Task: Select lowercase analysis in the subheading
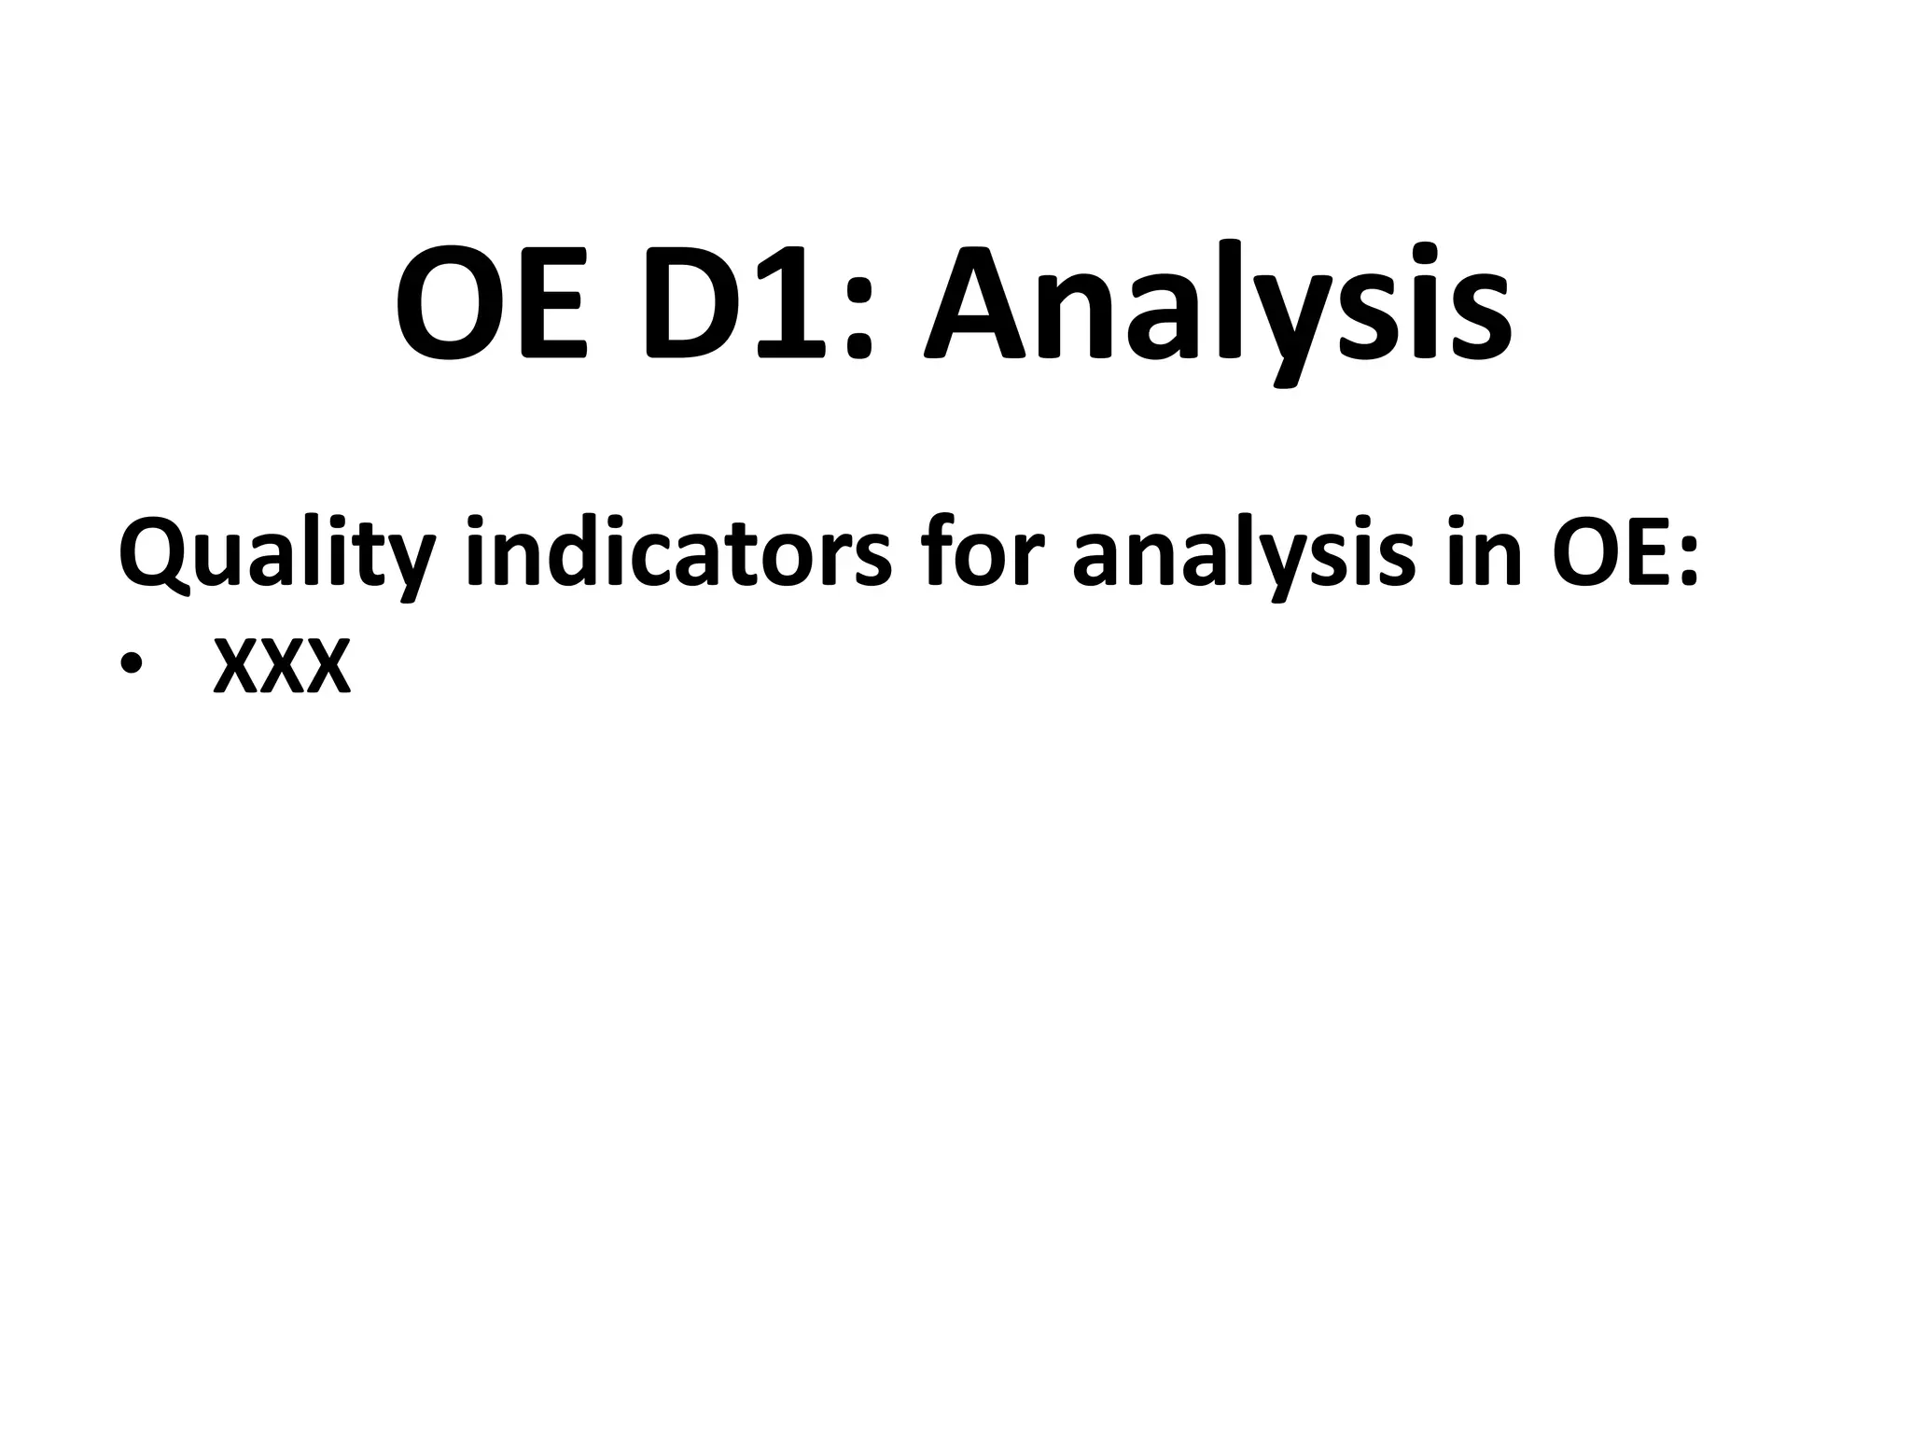pos(1244,556)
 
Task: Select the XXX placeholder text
pos(283,666)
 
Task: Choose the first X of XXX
pos(236,666)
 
